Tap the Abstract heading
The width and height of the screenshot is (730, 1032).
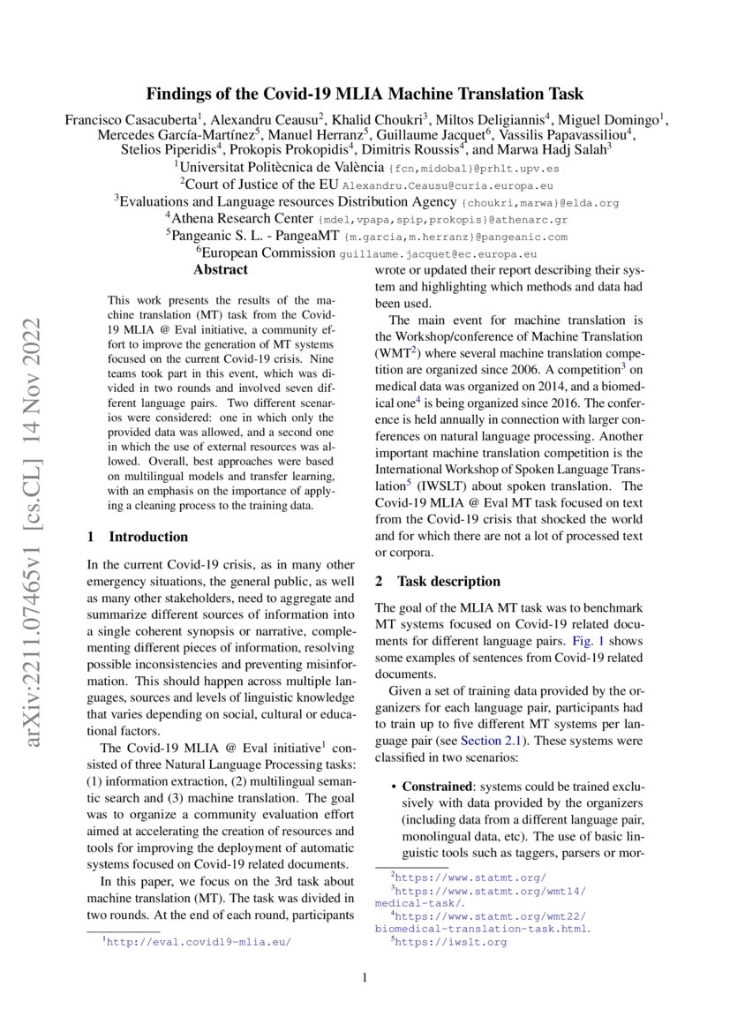(221, 270)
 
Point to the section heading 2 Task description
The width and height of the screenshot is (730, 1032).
(437, 582)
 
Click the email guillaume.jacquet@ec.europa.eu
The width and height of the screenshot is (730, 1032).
(439, 253)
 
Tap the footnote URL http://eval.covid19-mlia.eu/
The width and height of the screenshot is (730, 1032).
(198, 942)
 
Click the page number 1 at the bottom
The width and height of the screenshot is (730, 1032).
(365, 977)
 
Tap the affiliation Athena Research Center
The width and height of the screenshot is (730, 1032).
(240, 220)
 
